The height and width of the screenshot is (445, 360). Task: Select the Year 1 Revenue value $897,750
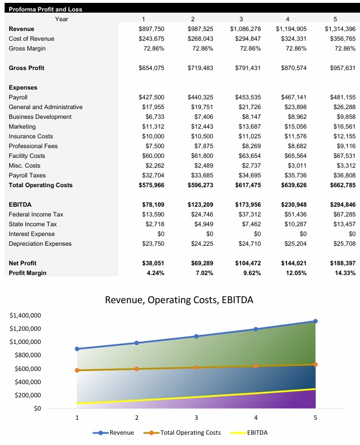tap(152, 29)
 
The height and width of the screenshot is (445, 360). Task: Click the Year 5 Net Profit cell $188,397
tap(342, 263)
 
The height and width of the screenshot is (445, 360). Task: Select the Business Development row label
tap(40, 117)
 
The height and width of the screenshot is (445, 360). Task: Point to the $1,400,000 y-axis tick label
tap(25, 316)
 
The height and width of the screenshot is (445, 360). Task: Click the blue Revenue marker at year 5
tap(315, 321)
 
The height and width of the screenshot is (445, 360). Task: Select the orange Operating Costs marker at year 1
tap(77, 370)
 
